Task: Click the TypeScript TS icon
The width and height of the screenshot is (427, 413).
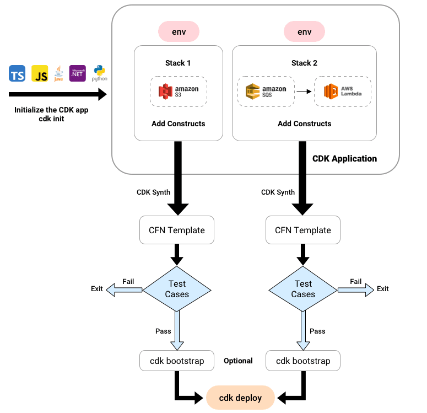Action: [17, 73]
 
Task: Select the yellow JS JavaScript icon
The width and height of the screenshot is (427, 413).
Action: [40, 73]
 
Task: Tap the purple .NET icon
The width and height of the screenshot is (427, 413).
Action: [77, 73]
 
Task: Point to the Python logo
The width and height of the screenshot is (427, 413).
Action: [99, 73]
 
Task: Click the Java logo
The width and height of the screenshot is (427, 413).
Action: [58, 74]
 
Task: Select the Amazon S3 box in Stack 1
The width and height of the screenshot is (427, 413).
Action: [179, 92]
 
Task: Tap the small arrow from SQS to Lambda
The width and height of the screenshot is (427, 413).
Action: [301, 92]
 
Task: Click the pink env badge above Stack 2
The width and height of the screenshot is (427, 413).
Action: [304, 31]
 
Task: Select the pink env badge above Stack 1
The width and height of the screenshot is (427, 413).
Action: [179, 31]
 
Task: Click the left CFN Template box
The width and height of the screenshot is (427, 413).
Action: [177, 230]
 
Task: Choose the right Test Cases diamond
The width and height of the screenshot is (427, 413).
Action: [303, 289]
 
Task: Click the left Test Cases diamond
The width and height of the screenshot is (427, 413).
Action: [177, 289]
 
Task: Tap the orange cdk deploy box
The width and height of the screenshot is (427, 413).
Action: [240, 398]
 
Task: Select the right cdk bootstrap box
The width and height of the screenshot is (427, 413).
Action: [303, 361]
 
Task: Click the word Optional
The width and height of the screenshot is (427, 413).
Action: [238, 361]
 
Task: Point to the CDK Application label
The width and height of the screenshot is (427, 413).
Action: [344, 159]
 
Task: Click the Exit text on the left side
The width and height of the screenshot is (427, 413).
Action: [97, 289]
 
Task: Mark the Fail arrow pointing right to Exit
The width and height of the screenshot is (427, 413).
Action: [356, 289]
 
